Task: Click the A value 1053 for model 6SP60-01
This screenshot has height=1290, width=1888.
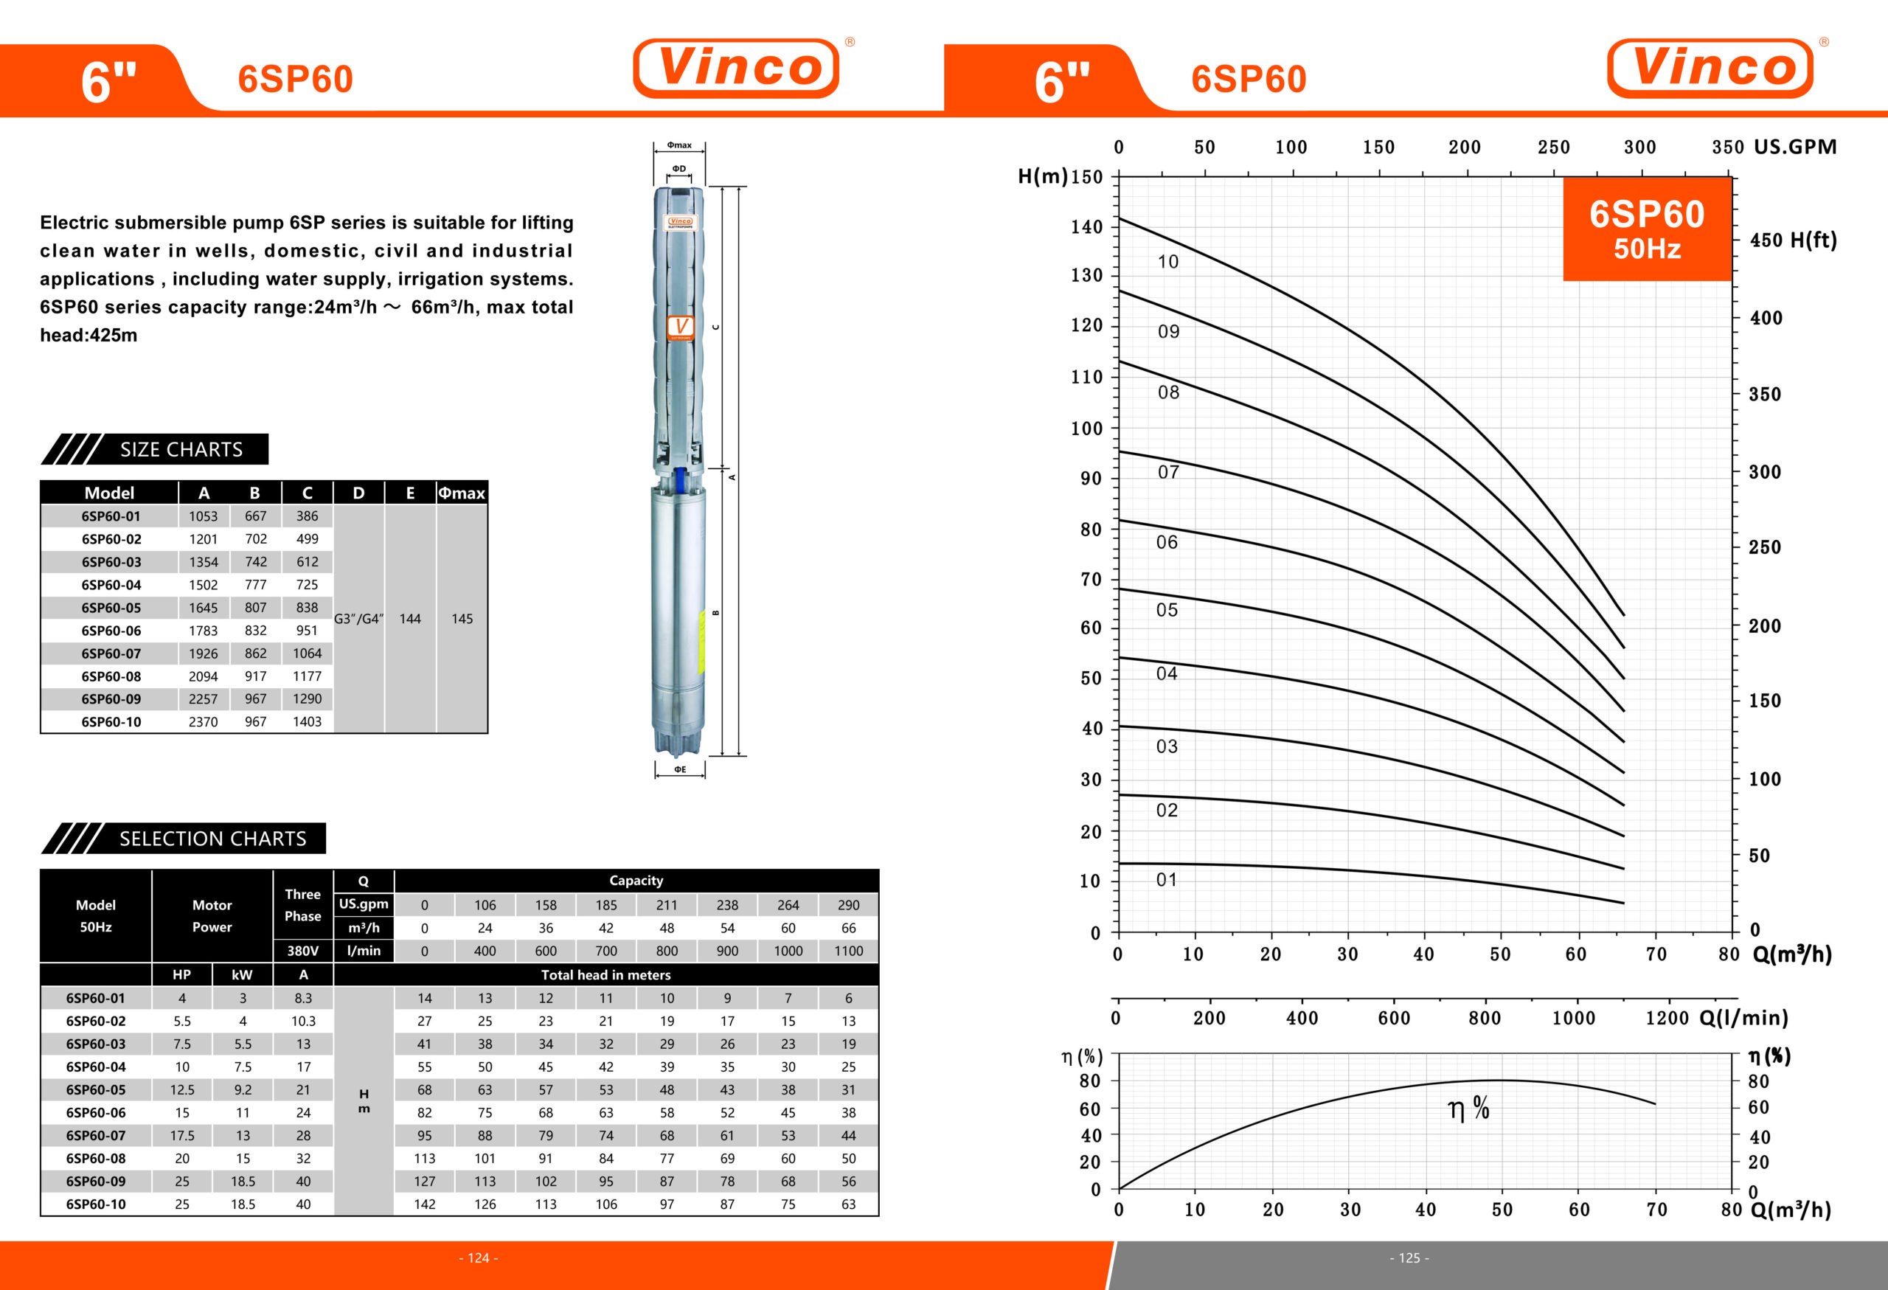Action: click(203, 516)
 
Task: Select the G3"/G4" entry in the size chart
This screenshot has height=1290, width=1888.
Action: click(358, 619)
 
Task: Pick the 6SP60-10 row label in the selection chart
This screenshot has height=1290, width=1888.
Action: click(96, 1204)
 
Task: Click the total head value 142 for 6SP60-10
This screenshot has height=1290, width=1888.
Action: click(424, 1204)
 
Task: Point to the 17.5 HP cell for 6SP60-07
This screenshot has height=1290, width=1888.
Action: click(182, 1136)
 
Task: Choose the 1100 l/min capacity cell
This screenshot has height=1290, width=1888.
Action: click(848, 951)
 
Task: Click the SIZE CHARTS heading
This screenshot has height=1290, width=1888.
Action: click(181, 449)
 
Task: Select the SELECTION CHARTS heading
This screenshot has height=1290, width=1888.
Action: click(213, 839)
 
